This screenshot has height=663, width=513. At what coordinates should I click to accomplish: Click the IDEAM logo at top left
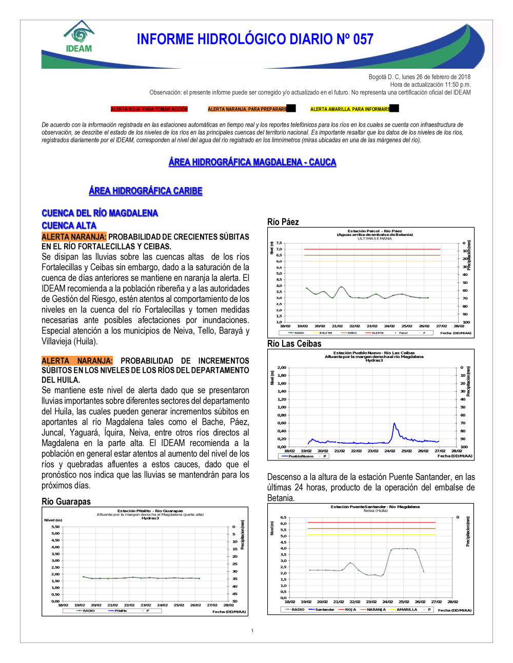click(79, 37)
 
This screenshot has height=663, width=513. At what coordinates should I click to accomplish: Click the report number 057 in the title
click(363, 39)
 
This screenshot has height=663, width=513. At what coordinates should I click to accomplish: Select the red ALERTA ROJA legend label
click(149, 109)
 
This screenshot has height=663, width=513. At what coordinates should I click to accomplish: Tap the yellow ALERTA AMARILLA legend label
click(350, 109)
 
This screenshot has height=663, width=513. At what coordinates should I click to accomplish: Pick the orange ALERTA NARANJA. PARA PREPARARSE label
click(247, 109)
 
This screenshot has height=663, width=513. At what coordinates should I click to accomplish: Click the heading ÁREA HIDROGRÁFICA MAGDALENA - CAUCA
click(252, 163)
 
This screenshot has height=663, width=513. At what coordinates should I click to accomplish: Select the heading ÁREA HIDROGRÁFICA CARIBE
click(146, 191)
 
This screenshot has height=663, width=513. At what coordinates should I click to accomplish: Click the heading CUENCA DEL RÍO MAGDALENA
click(100, 213)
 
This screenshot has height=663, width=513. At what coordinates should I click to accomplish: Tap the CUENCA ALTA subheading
click(69, 226)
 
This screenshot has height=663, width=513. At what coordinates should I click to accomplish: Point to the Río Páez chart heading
click(283, 222)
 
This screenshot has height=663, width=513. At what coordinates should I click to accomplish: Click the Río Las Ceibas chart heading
click(294, 344)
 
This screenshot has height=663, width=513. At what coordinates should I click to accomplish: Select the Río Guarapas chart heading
click(66, 501)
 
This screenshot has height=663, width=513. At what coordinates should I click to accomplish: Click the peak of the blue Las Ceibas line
click(394, 423)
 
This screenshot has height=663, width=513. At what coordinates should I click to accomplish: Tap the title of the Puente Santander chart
click(375, 507)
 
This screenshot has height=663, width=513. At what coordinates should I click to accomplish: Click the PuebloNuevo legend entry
click(301, 456)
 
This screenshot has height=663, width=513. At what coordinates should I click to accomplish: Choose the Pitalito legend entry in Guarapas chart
click(121, 611)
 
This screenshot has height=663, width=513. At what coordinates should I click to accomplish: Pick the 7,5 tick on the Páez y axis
click(279, 243)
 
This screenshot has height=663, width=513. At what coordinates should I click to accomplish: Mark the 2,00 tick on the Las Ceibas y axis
click(282, 368)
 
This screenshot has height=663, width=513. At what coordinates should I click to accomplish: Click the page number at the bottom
click(252, 631)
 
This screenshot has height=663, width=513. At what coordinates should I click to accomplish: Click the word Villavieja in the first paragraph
click(58, 341)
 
